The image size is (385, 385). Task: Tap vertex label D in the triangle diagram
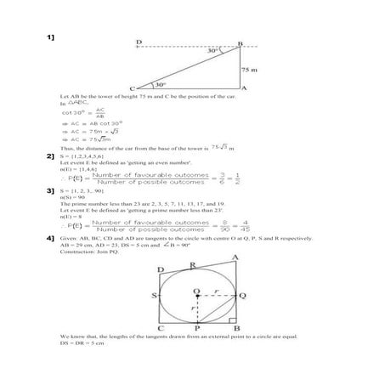pyautogui.click(x=139, y=42)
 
